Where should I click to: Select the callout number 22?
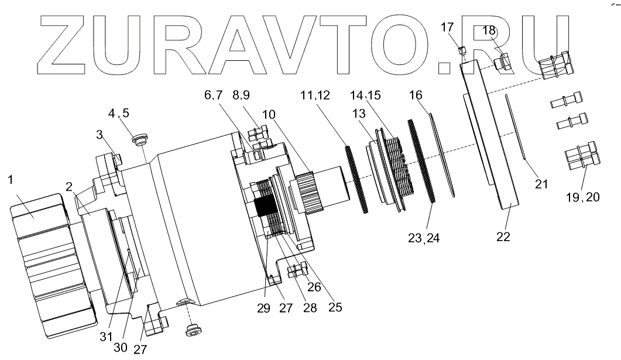pyautogui.click(x=503, y=237)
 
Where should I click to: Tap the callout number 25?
pyautogui.click(x=336, y=306)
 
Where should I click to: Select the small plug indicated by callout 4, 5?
pyautogui.click(x=139, y=140)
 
